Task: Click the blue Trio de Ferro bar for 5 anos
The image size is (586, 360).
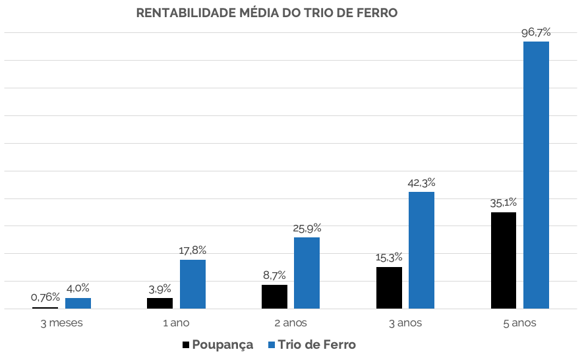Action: pos(536,175)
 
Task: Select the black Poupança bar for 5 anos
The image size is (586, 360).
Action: pos(504,260)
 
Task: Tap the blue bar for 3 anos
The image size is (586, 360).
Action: pos(421,250)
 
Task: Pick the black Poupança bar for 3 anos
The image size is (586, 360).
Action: pos(389,287)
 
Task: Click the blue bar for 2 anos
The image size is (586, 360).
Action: pos(307,273)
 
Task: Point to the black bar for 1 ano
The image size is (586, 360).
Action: pos(160,303)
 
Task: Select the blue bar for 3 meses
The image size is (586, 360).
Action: pos(78,303)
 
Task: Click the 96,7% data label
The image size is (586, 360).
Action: pos(536,32)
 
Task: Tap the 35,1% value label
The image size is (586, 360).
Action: pos(504,203)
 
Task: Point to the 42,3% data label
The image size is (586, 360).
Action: pos(421,183)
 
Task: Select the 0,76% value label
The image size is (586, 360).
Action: pos(45,297)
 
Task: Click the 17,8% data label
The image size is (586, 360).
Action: pos(192,251)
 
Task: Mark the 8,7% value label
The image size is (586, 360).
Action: pos(274,275)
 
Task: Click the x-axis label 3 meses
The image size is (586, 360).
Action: pos(61,323)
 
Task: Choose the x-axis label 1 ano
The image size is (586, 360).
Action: pos(176,323)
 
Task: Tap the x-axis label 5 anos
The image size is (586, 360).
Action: pos(519,323)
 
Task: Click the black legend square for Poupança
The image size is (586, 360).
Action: pos(187,345)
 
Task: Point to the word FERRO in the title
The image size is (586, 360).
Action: pos(378,13)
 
